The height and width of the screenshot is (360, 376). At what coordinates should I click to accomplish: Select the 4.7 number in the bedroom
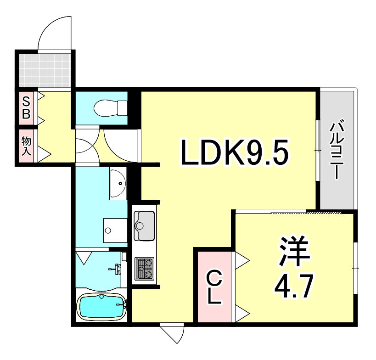pyautogui.click(x=294, y=286)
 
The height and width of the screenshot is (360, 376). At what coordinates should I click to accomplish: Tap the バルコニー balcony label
pyautogui.click(x=337, y=149)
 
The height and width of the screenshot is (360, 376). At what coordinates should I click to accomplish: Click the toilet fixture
pyautogui.click(x=110, y=108)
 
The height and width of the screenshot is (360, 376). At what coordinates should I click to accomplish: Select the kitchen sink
pyautogui.click(x=145, y=225)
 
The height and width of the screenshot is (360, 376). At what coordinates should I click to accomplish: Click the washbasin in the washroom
pyautogui.click(x=118, y=183)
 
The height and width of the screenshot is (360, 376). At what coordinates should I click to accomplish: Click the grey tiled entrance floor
pyautogui.click(x=45, y=69)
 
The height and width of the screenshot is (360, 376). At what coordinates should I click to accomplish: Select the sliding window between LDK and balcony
pyautogui.click(x=318, y=150)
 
